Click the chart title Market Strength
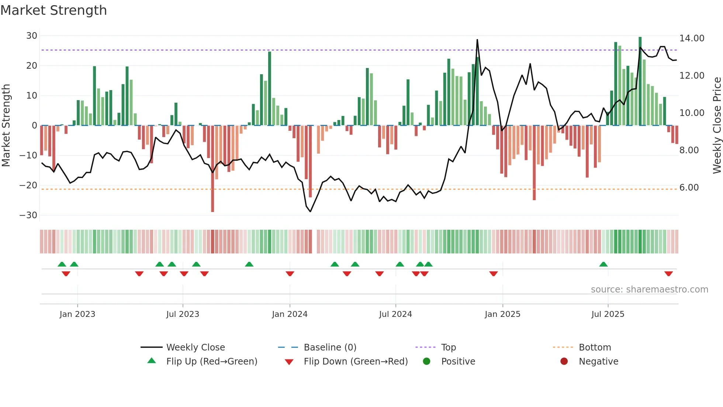pyautogui.click(x=53, y=10)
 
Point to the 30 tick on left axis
pyautogui.click(x=32, y=36)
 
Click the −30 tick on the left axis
pyautogui.click(x=28, y=215)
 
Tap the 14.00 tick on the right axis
pyautogui.click(x=692, y=38)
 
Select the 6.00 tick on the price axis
pyautogui.click(x=689, y=188)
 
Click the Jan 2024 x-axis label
pyautogui.click(x=290, y=314)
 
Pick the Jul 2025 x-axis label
pyautogui.click(x=608, y=314)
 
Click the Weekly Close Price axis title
pyautogui.click(x=717, y=126)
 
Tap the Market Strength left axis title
pyautogui.click(x=6, y=126)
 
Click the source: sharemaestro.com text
pyautogui.click(x=649, y=290)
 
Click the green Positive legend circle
pyautogui.click(x=426, y=362)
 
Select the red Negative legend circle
pyautogui.click(x=564, y=362)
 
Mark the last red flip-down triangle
pyautogui.click(x=668, y=274)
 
